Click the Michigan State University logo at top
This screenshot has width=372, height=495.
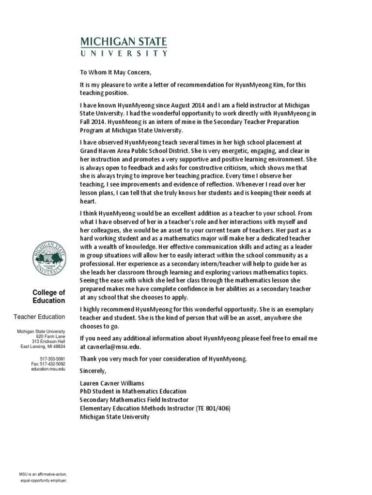pos(124,46)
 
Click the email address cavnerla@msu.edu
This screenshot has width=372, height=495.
pos(112,347)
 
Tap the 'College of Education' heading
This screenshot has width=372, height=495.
pos(48,296)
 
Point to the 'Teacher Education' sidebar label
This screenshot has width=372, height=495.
pos(39,317)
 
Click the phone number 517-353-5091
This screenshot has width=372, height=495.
pos(53,358)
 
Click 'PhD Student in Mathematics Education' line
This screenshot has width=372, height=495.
pos(133,391)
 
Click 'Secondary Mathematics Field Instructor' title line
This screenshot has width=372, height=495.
pos(134,400)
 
